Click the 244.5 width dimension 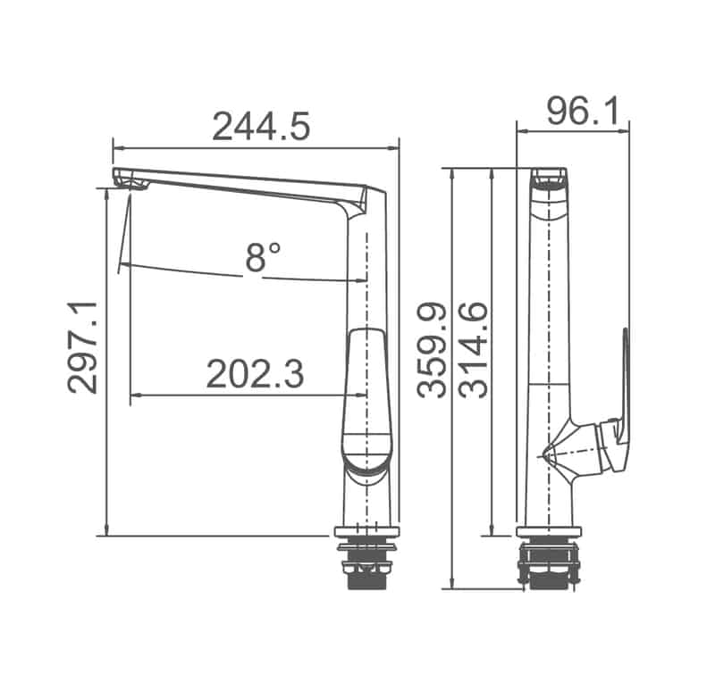coord(260,126)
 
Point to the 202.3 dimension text coord(255,374)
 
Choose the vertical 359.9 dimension coord(434,349)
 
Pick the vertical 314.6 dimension coord(473,349)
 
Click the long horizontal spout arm coord(241,182)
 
